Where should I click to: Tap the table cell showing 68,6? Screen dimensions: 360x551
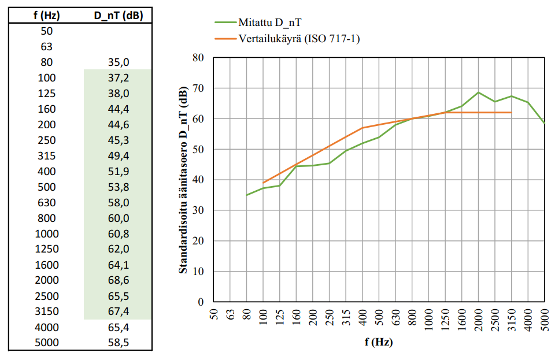[x=119, y=280]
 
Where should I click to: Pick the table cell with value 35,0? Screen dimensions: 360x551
[x=119, y=62]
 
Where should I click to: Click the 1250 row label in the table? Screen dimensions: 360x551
[x=46, y=249]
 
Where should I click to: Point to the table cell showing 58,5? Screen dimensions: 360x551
[x=119, y=343]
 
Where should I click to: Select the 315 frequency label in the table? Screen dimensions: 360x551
[x=46, y=155]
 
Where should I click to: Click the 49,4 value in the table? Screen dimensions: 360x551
[x=119, y=155]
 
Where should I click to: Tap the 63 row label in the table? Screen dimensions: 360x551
[x=46, y=46]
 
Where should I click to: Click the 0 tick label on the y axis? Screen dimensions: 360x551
[x=201, y=302]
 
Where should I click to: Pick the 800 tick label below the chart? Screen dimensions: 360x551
[x=413, y=320]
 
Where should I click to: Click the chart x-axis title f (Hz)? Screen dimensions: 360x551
[x=379, y=342]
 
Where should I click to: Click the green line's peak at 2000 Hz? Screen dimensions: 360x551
[x=479, y=92]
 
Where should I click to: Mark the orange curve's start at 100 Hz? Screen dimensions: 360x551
[x=264, y=183]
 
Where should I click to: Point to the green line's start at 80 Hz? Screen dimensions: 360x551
[x=247, y=195]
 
